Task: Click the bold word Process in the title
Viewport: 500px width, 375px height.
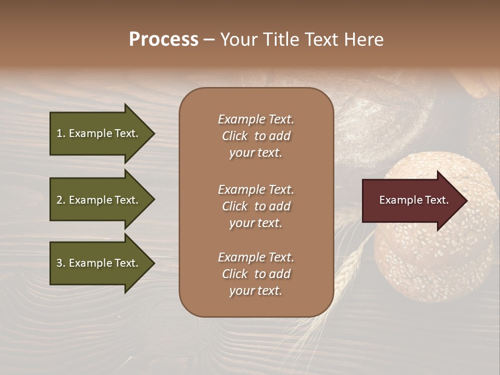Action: [164, 40]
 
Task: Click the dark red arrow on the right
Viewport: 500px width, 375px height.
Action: [411, 201]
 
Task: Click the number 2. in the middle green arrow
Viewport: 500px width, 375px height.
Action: [61, 200]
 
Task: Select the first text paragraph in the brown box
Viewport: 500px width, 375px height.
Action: [256, 136]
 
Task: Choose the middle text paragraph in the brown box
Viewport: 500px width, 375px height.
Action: [256, 206]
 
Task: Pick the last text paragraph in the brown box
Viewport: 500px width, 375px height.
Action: [256, 274]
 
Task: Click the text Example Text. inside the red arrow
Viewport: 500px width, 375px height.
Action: [414, 200]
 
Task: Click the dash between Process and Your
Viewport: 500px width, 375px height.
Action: [209, 40]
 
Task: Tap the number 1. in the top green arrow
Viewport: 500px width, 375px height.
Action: [61, 133]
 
